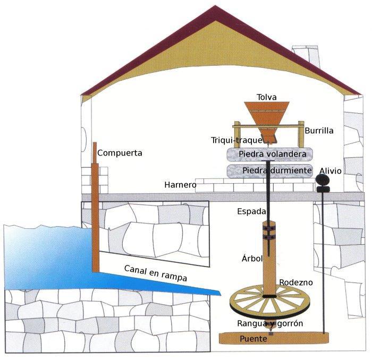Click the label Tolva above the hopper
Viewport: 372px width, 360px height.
pos(267,97)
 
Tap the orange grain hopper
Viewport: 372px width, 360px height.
pos(267,118)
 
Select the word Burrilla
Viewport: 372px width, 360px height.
pos(319,131)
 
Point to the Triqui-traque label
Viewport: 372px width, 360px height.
pos(236,140)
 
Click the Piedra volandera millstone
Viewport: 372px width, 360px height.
pos(269,154)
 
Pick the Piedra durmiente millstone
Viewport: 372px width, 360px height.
pos(269,171)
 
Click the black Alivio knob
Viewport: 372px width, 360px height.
pos(323,183)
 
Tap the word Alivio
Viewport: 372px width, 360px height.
pos(330,171)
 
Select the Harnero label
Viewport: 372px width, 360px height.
pos(180,185)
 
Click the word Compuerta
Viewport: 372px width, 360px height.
pos(120,153)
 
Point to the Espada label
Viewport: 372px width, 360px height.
pos(251,211)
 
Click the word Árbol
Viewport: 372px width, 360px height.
pos(252,258)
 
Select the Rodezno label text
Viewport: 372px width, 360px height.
pos(295,282)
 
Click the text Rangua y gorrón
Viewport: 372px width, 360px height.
pos(270,323)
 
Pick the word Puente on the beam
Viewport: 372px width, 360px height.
pos(253,339)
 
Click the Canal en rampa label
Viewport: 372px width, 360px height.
pos(155,273)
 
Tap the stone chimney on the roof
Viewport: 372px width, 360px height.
pos(306,56)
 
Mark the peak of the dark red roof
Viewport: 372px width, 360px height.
pos(215,5)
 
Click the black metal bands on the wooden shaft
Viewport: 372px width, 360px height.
pos(269,233)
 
